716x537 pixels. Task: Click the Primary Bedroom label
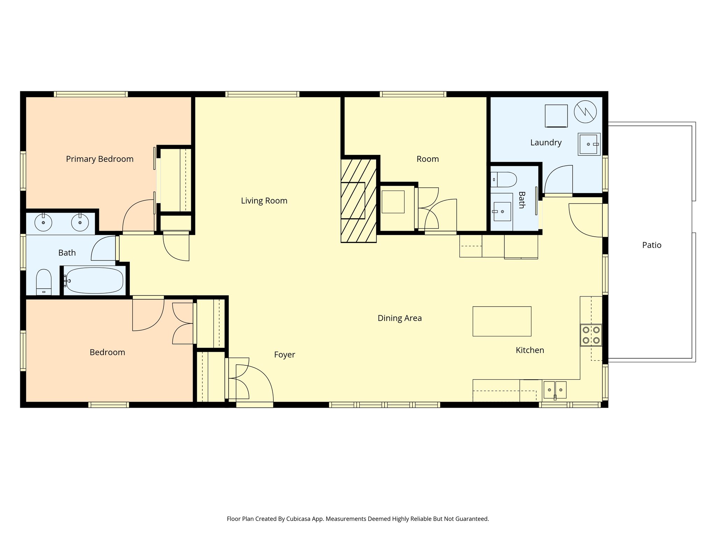click(100, 159)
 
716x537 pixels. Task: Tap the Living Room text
click(264, 201)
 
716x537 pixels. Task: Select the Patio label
click(652, 245)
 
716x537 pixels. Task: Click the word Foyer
click(284, 355)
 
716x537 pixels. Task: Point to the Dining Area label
click(400, 318)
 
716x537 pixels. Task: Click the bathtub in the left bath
click(94, 280)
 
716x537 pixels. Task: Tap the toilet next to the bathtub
click(44, 281)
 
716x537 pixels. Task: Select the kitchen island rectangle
click(502, 321)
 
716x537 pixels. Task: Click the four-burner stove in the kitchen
click(591, 335)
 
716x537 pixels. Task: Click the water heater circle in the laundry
click(585, 112)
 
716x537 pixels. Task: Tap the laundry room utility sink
click(589, 144)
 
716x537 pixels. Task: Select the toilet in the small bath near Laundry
click(503, 179)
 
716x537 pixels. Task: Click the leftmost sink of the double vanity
click(43, 223)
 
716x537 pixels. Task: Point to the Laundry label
click(546, 143)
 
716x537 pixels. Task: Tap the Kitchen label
click(530, 350)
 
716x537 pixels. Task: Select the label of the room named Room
click(428, 159)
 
